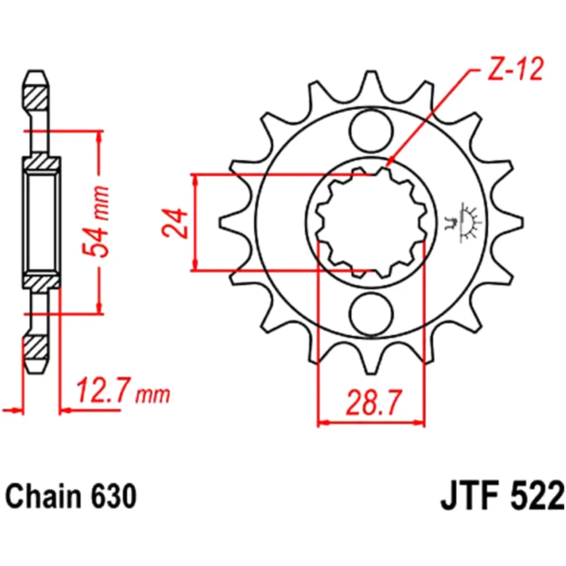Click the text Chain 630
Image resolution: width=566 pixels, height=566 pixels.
click(x=71, y=496)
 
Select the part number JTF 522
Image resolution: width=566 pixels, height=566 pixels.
click(x=501, y=496)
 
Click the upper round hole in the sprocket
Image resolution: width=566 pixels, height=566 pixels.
click(x=371, y=130)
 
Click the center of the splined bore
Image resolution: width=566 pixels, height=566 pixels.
click(x=371, y=222)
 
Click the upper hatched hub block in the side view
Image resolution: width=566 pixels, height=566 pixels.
click(x=41, y=162)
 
